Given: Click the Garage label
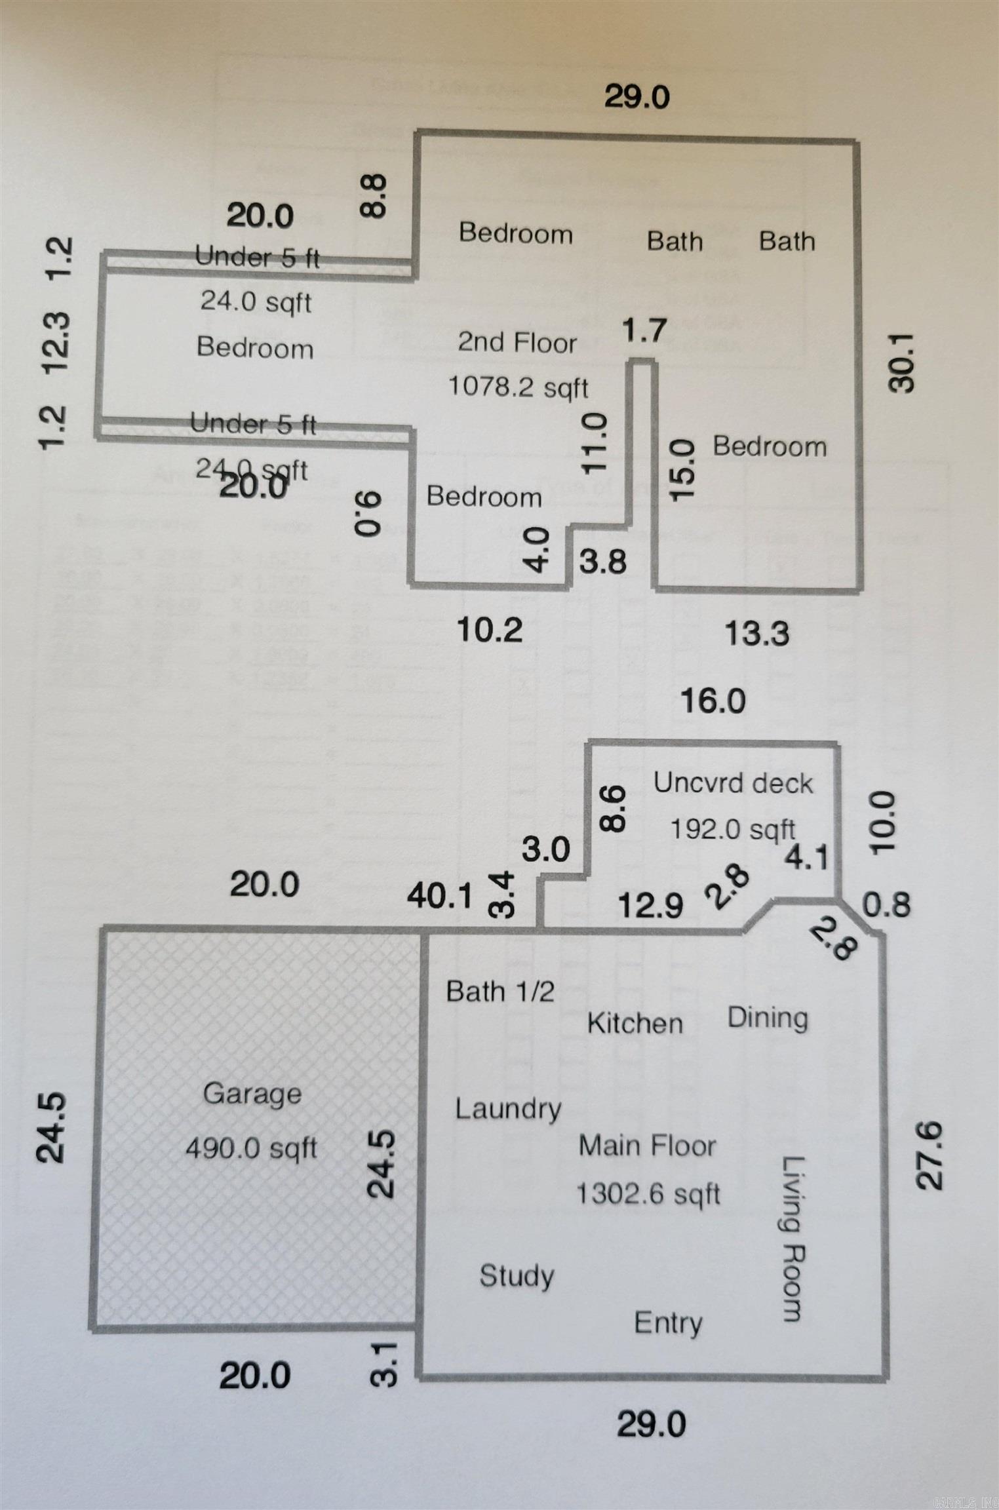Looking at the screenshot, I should (x=252, y=1093).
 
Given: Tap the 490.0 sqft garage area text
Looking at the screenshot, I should (x=251, y=1148).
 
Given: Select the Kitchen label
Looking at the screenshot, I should (x=635, y=1023).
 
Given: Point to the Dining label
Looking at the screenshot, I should (x=768, y=1018).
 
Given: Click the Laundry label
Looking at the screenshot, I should (x=508, y=1108).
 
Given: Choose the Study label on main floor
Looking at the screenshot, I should (x=517, y=1275).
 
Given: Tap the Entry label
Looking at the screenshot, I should (x=668, y=1322).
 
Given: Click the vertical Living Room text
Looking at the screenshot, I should (x=793, y=1238).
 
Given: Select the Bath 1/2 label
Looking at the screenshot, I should (x=500, y=991).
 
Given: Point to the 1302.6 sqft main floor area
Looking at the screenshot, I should (x=648, y=1193).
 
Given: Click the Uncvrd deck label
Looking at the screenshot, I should (x=733, y=783).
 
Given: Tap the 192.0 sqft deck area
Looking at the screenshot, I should (x=732, y=830).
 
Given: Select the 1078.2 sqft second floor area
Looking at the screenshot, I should (x=518, y=387).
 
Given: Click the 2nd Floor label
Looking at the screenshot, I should (x=517, y=342).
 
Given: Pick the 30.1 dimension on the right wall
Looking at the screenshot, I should (x=901, y=362).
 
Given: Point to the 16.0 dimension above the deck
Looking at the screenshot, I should (x=713, y=701).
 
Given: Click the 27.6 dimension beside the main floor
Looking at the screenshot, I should (x=930, y=1155).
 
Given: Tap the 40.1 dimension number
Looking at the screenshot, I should (x=439, y=895).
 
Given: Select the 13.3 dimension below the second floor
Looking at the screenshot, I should (x=756, y=633).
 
